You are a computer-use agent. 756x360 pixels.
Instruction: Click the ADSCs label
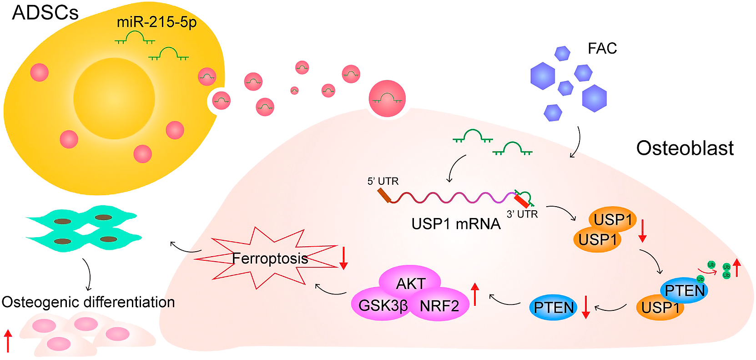click(x=45, y=13)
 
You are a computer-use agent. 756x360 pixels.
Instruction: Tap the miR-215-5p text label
click(x=156, y=22)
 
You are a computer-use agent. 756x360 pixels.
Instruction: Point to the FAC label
click(x=602, y=48)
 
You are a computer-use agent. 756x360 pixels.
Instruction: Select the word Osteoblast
click(x=685, y=148)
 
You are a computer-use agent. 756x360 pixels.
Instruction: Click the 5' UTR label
click(x=383, y=181)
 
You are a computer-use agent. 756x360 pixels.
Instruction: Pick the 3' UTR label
click(x=522, y=214)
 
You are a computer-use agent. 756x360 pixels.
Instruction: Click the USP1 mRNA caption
click(x=455, y=224)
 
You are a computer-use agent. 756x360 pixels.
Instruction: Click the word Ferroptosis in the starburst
click(x=270, y=259)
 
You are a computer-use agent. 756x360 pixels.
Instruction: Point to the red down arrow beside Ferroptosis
click(x=343, y=258)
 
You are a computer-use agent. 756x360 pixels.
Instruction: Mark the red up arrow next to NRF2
click(x=475, y=294)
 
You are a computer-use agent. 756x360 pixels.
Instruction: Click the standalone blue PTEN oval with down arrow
click(x=554, y=308)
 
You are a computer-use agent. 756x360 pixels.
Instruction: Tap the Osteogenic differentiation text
click(x=88, y=302)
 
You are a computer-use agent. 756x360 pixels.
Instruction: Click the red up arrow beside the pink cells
click(x=8, y=341)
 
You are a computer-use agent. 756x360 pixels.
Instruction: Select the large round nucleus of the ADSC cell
click(x=114, y=99)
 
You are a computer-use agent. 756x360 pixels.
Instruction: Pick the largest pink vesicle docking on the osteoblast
click(x=387, y=99)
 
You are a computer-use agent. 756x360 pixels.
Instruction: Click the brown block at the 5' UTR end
click(x=383, y=195)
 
